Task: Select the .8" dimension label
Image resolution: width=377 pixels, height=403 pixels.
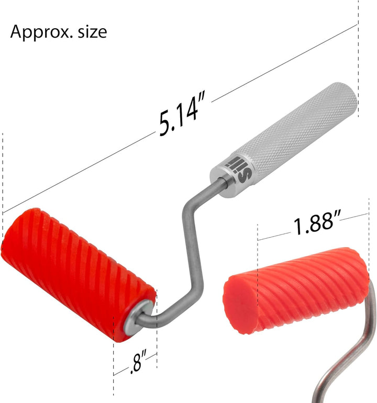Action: tap(138, 361)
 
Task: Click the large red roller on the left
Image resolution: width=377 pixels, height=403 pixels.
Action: tap(77, 275)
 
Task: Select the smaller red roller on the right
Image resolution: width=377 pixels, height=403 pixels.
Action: tap(296, 290)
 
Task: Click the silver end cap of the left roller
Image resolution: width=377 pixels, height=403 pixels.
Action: tap(138, 317)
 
